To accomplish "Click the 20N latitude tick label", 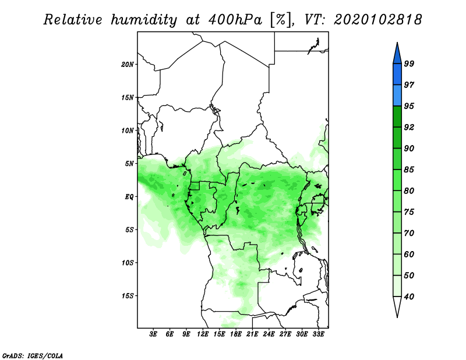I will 128,64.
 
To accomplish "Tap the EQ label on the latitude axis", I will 129,197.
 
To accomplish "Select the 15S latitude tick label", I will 128,296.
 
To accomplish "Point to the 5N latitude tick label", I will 130,164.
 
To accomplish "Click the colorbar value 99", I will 409,64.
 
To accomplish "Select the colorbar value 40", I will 409,297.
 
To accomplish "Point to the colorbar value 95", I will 409,107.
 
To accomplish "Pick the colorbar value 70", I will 409,234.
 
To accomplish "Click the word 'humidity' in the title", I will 146,20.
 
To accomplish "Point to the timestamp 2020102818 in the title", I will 377,20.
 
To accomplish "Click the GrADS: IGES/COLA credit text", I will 32,355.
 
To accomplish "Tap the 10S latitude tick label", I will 128,263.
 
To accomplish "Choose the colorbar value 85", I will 409,170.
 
